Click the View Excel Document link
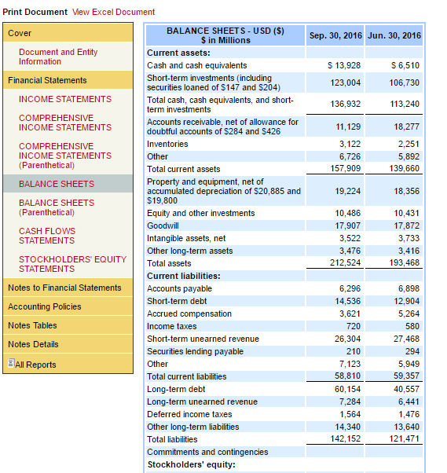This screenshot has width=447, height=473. coord(113,12)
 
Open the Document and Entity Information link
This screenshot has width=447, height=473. coord(58,57)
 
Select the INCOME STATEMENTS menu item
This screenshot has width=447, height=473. coord(65,99)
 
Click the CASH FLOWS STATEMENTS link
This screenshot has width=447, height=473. coord(47,236)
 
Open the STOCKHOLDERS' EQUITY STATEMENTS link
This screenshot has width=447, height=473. coord(73,264)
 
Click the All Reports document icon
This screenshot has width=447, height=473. coord(11,363)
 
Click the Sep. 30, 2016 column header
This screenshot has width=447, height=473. coord(335,35)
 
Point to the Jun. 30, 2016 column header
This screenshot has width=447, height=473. coord(394,35)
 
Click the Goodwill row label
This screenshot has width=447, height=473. coord(163,225)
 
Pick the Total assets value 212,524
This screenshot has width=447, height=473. coord(345,262)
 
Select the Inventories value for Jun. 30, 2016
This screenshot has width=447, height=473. coord(409,144)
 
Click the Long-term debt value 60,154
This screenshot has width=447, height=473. coord(347,389)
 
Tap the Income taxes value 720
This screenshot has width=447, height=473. coord(354,326)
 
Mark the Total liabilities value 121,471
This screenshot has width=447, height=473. coord(404,438)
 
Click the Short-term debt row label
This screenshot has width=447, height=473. coord(177,301)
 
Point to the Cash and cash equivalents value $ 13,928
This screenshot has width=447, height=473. coord(344,65)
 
